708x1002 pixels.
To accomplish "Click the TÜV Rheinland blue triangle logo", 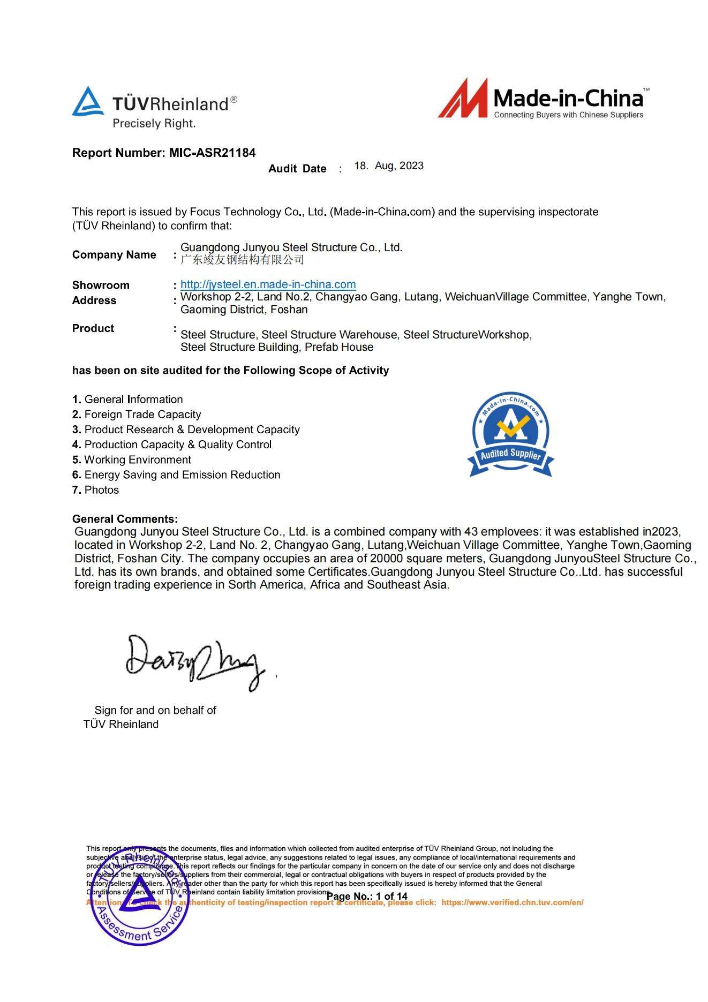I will (88, 102).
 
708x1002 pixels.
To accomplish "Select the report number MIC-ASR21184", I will (212, 153).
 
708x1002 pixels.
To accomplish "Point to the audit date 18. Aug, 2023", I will (389, 166).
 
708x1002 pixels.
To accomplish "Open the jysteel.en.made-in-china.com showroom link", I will (268, 284).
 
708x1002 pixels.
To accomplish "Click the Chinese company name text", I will (242, 260).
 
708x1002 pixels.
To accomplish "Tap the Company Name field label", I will (114, 255).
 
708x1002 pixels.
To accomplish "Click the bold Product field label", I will (93, 328).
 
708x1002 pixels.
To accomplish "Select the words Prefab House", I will (339, 347).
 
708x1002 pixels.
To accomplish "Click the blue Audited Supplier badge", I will (510, 434).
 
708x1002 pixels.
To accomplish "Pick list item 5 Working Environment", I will (132, 460).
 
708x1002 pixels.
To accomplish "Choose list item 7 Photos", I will (96, 490).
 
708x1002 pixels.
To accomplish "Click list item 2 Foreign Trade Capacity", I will (137, 415).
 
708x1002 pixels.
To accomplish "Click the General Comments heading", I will (125, 519).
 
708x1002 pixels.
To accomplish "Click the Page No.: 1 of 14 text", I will (367, 896).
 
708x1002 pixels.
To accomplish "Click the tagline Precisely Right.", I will (154, 124).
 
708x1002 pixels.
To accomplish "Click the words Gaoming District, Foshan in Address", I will (244, 310).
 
